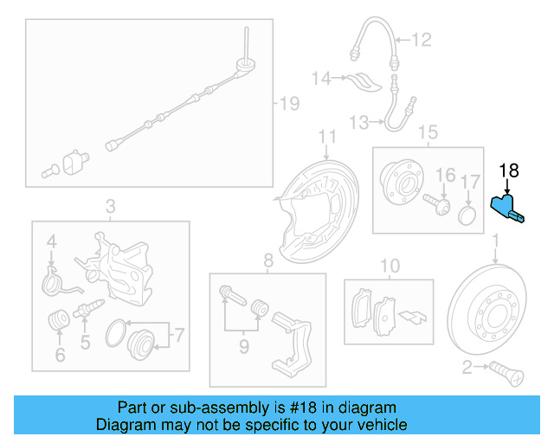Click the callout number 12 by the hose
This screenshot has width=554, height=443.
(x=421, y=39)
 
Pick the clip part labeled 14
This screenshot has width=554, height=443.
(x=364, y=82)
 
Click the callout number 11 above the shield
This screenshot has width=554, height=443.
(x=326, y=137)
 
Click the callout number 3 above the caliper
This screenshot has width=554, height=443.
(x=110, y=206)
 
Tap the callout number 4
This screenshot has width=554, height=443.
(x=51, y=241)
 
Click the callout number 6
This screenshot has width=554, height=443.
(x=59, y=354)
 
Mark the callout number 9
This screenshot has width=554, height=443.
(x=244, y=345)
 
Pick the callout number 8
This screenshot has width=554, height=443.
(x=267, y=259)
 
